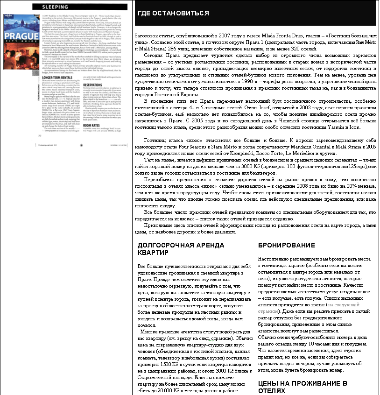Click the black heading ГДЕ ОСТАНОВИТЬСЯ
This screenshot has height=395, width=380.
173,13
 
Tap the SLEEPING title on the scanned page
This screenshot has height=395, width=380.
54,7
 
